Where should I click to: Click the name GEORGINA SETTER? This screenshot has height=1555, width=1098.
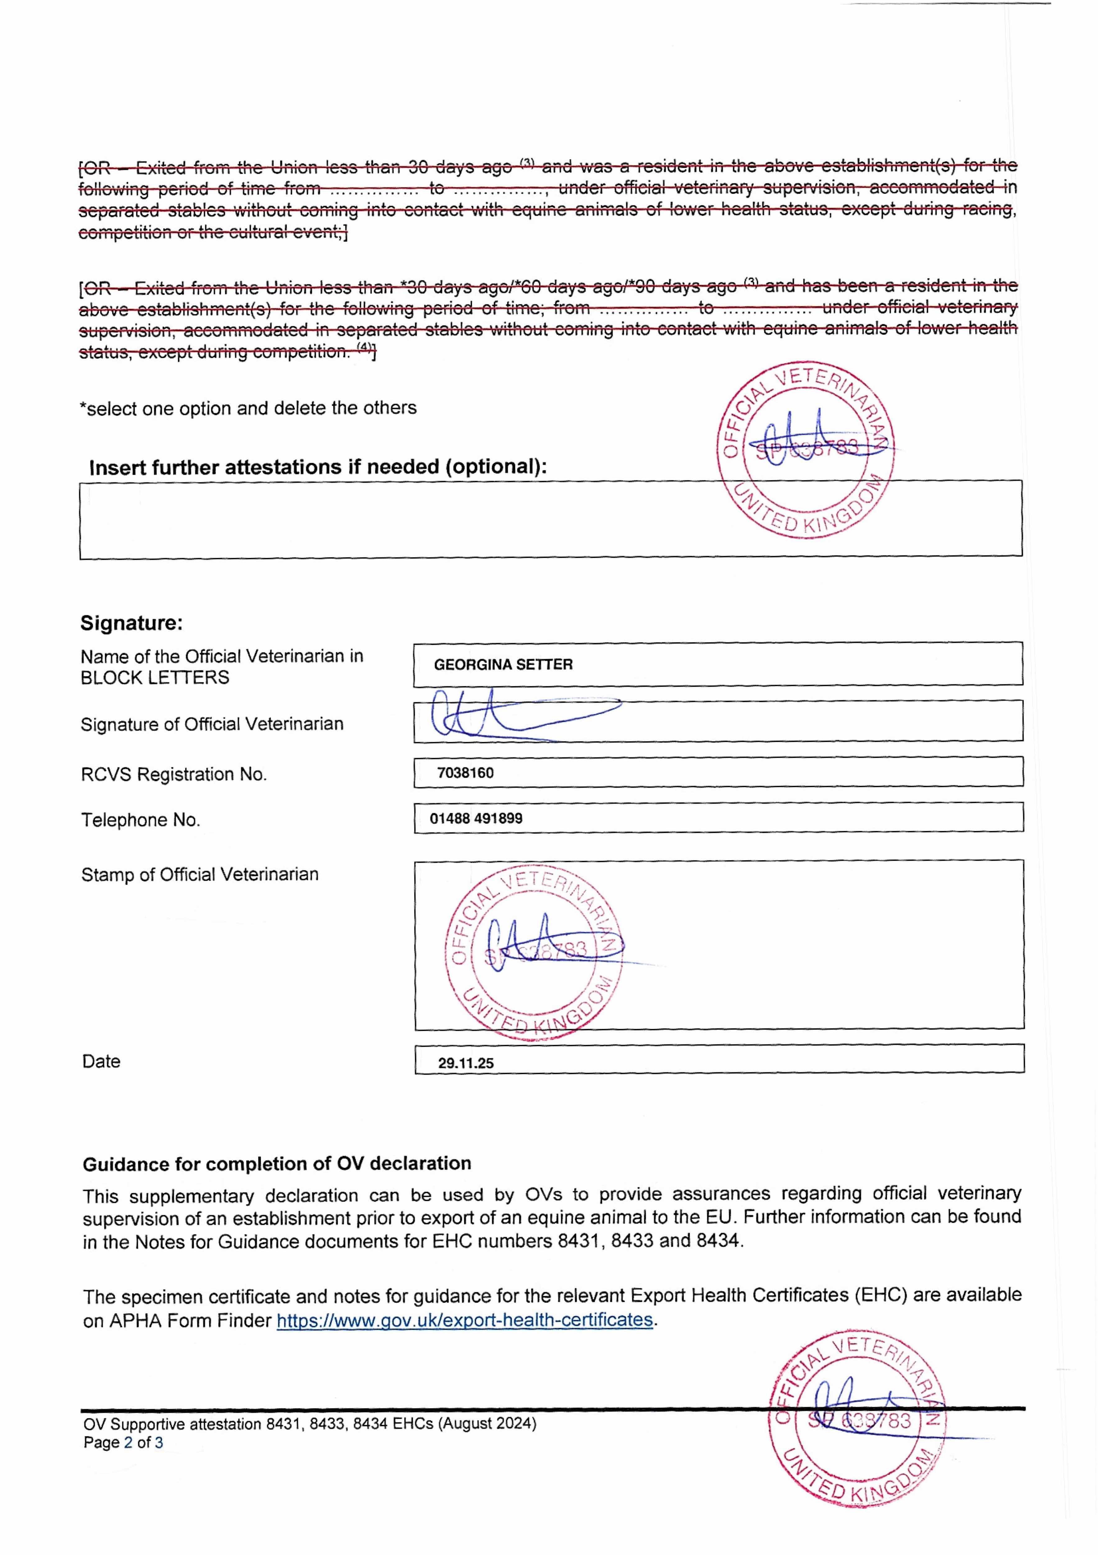click(x=503, y=664)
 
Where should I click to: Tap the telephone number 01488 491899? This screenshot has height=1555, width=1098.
click(x=476, y=818)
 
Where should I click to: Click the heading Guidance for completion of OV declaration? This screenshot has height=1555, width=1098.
click(x=277, y=1163)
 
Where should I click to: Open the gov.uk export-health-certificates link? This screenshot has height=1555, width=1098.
click(x=465, y=1320)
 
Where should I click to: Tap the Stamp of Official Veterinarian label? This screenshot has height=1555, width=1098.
click(x=200, y=874)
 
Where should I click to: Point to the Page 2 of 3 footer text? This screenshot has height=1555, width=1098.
click(x=123, y=1443)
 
